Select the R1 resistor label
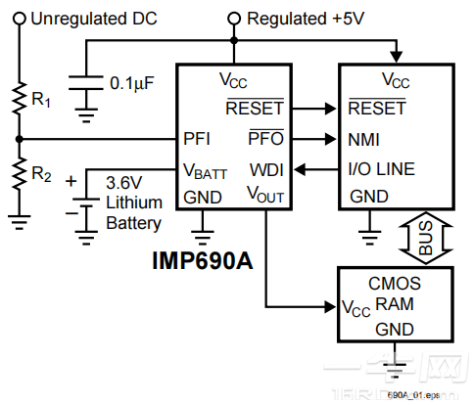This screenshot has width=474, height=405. click(x=40, y=99)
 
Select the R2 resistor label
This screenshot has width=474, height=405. click(x=40, y=174)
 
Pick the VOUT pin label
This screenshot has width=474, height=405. click(x=265, y=196)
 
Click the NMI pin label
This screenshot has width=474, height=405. click(x=364, y=139)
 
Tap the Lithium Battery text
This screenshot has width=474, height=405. click(x=132, y=214)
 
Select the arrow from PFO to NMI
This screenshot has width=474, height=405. click(x=312, y=139)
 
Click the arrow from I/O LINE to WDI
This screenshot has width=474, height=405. click(x=312, y=169)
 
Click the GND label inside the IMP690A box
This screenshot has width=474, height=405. click(x=203, y=197)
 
